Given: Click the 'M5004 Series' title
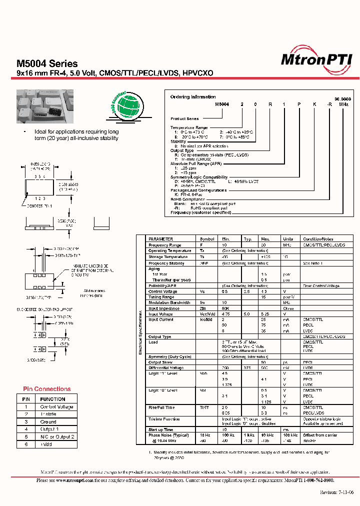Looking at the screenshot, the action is click(47, 63).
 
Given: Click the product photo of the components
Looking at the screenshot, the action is click(45, 106).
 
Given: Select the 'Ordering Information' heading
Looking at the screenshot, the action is click(193, 97).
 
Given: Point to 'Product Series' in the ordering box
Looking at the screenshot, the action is click(184, 119).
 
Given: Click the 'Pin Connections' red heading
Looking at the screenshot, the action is click(47, 389).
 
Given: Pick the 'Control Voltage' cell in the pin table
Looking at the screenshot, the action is click(56, 407).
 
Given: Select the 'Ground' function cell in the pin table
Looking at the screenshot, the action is click(48, 422).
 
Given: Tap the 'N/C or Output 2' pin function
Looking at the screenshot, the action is click(57, 437).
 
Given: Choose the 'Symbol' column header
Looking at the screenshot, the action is click(206, 239).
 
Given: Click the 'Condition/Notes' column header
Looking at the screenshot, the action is click(318, 239).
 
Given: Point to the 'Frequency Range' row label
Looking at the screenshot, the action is click(165, 245).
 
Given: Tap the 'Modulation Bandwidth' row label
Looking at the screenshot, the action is click(170, 302).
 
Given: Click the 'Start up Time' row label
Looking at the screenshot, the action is click(161, 429).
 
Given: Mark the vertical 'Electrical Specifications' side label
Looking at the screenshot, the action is click(140, 332).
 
